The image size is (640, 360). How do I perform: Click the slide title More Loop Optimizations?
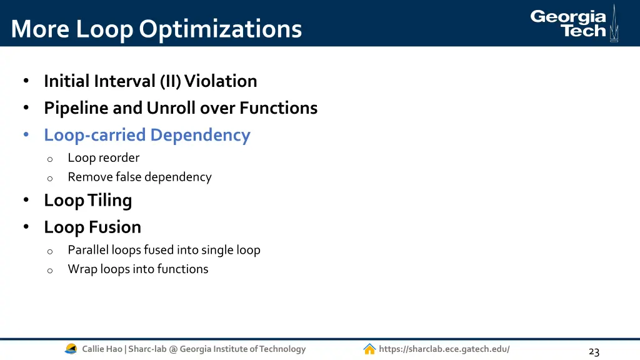coord(156,29)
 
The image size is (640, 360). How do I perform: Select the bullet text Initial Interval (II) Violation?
coord(150,81)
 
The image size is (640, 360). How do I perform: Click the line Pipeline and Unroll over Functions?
coord(181,108)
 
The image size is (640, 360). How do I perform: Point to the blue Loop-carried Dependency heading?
coord(147,135)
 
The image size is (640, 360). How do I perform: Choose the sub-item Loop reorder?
coord(103,158)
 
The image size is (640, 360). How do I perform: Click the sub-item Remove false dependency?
coord(139,177)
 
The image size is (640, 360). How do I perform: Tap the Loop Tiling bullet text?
coord(87,201)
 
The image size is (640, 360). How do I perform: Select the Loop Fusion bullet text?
coord(92,227)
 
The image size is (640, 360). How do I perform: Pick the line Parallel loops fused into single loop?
coord(164,250)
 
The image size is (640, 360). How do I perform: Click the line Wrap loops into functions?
coord(138,269)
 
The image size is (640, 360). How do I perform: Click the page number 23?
coord(594,352)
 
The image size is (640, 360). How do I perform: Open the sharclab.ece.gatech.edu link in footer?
coord(444,349)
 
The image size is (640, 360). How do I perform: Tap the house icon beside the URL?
coord(369,349)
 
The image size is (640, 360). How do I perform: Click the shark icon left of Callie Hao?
coord(71,349)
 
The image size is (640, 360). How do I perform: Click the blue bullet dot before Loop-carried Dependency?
coord(26,135)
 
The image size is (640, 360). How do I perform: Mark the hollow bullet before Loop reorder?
coord(49,159)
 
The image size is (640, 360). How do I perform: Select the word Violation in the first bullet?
coord(221,81)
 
